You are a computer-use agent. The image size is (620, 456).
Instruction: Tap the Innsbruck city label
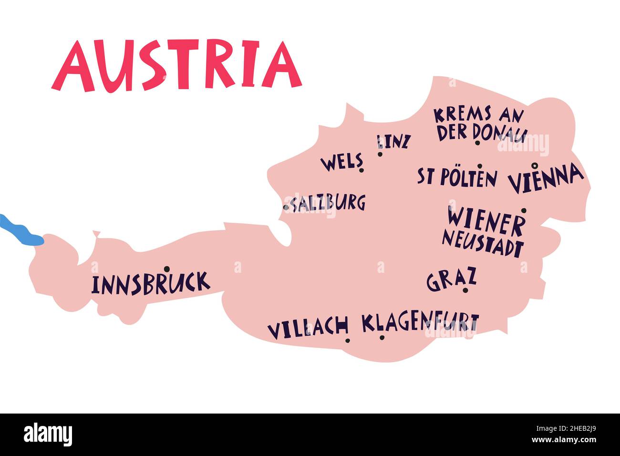(x=150, y=284)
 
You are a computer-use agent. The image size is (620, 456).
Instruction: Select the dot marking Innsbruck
(x=166, y=269)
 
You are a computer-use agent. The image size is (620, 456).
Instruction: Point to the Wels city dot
(x=362, y=170)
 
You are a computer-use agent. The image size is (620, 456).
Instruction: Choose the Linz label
(x=393, y=142)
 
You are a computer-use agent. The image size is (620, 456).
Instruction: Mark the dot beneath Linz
(x=380, y=154)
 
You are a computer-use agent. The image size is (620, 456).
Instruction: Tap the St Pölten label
(x=457, y=177)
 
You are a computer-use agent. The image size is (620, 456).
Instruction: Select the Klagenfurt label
(x=420, y=323)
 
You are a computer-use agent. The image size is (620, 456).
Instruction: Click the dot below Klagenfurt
(x=382, y=338)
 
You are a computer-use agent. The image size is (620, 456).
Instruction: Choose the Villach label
(x=308, y=328)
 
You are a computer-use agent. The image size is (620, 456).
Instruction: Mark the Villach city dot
(x=348, y=340)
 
